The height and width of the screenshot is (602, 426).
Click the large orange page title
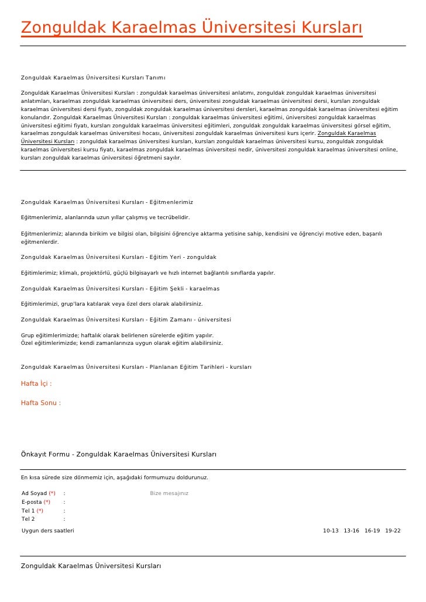click(x=191, y=27)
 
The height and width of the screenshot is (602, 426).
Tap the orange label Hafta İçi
click(x=36, y=384)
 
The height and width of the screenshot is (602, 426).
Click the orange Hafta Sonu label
click(x=40, y=403)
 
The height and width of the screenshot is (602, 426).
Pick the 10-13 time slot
click(x=331, y=531)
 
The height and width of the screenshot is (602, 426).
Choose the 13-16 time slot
click(x=352, y=531)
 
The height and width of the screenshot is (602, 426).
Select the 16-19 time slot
click(x=372, y=531)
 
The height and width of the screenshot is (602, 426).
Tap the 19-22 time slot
click(x=393, y=531)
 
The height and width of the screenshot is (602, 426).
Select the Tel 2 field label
click(x=28, y=518)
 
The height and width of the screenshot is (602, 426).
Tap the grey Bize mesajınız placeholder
click(x=169, y=493)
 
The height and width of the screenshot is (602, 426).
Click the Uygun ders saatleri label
click(x=47, y=531)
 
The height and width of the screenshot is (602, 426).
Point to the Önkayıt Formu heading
click(x=119, y=454)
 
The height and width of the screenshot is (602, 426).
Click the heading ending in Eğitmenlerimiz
click(x=107, y=202)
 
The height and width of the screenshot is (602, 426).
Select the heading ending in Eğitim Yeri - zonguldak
click(x=119, y=257)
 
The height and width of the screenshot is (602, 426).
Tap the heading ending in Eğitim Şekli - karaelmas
click(x=120, y=289)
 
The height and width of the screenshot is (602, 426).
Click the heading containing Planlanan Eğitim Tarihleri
click(x=136, y=367)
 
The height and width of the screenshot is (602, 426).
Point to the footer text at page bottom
click(x=91, y=566)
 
